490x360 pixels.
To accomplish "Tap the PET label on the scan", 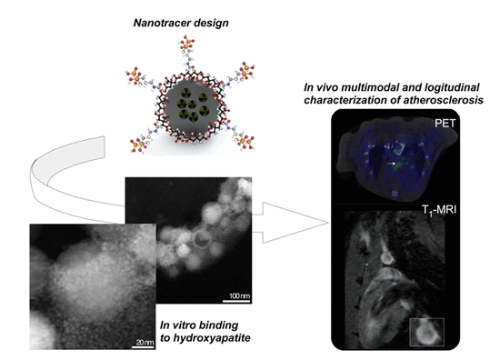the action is pos(445,123).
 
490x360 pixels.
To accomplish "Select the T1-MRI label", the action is pos(439,210).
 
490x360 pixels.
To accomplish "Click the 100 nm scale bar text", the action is pos(239,295).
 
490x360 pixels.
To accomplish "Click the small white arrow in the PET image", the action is pos(391,163).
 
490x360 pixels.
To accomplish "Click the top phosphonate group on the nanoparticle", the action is pos(187,45).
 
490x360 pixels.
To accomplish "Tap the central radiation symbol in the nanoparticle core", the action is pos(193,104).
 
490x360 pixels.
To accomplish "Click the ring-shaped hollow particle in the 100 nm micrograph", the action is pos(203,239).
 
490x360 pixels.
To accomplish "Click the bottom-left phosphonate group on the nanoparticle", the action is pos(139,144).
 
